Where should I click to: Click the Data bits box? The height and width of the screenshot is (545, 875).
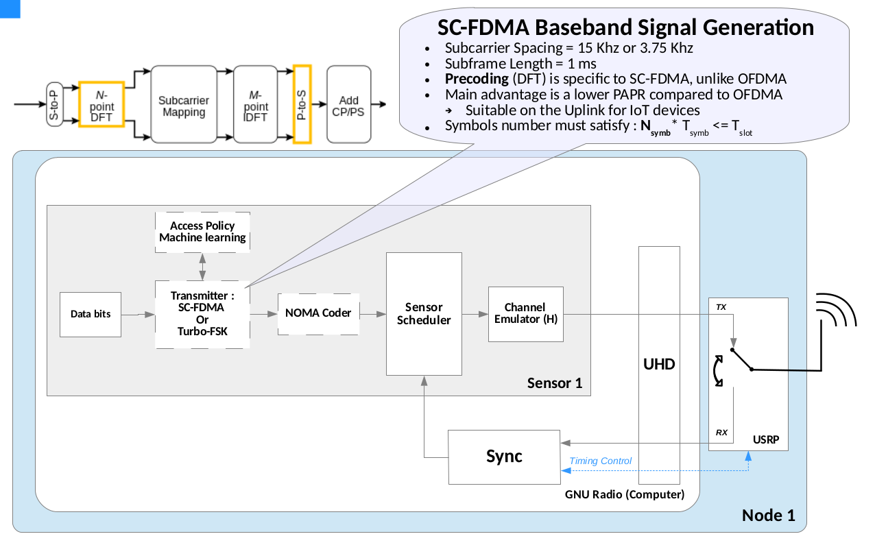tap(91, 315)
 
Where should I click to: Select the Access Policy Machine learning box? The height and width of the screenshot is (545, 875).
tap(202, 232)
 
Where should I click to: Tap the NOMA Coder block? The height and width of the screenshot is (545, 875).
tap(318, 313)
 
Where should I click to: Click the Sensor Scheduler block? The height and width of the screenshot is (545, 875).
tap(424, 314)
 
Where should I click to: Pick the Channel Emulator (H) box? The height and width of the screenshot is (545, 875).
tap(525, 314)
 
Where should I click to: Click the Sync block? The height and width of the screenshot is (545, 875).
tap(504, 457)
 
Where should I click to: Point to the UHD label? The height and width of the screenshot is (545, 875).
tap(659, 364)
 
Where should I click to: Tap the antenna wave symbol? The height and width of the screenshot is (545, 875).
tap(836, 313)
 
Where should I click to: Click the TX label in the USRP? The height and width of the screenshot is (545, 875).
tap(721, 307)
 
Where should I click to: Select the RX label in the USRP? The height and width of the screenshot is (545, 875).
tap(721, 433)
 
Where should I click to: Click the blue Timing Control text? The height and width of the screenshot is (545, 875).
tap(601, 461)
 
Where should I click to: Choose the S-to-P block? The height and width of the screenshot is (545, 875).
tap(54, 105)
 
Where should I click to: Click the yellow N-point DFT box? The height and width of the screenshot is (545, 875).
tap(101, 105)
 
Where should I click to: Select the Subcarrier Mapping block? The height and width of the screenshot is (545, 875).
tap(183, 105)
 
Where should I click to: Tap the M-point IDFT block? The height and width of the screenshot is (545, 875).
tap(256, 105)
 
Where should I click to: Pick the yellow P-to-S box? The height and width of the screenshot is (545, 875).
tap(302, 105)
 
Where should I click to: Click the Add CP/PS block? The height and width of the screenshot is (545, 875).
tap(348, 105)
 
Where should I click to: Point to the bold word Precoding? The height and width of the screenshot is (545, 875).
tap(477, 78)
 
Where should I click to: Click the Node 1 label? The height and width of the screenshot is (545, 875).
tap(768, 516)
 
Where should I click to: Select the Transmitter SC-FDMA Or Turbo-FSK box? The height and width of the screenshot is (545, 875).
tap(202, 314)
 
